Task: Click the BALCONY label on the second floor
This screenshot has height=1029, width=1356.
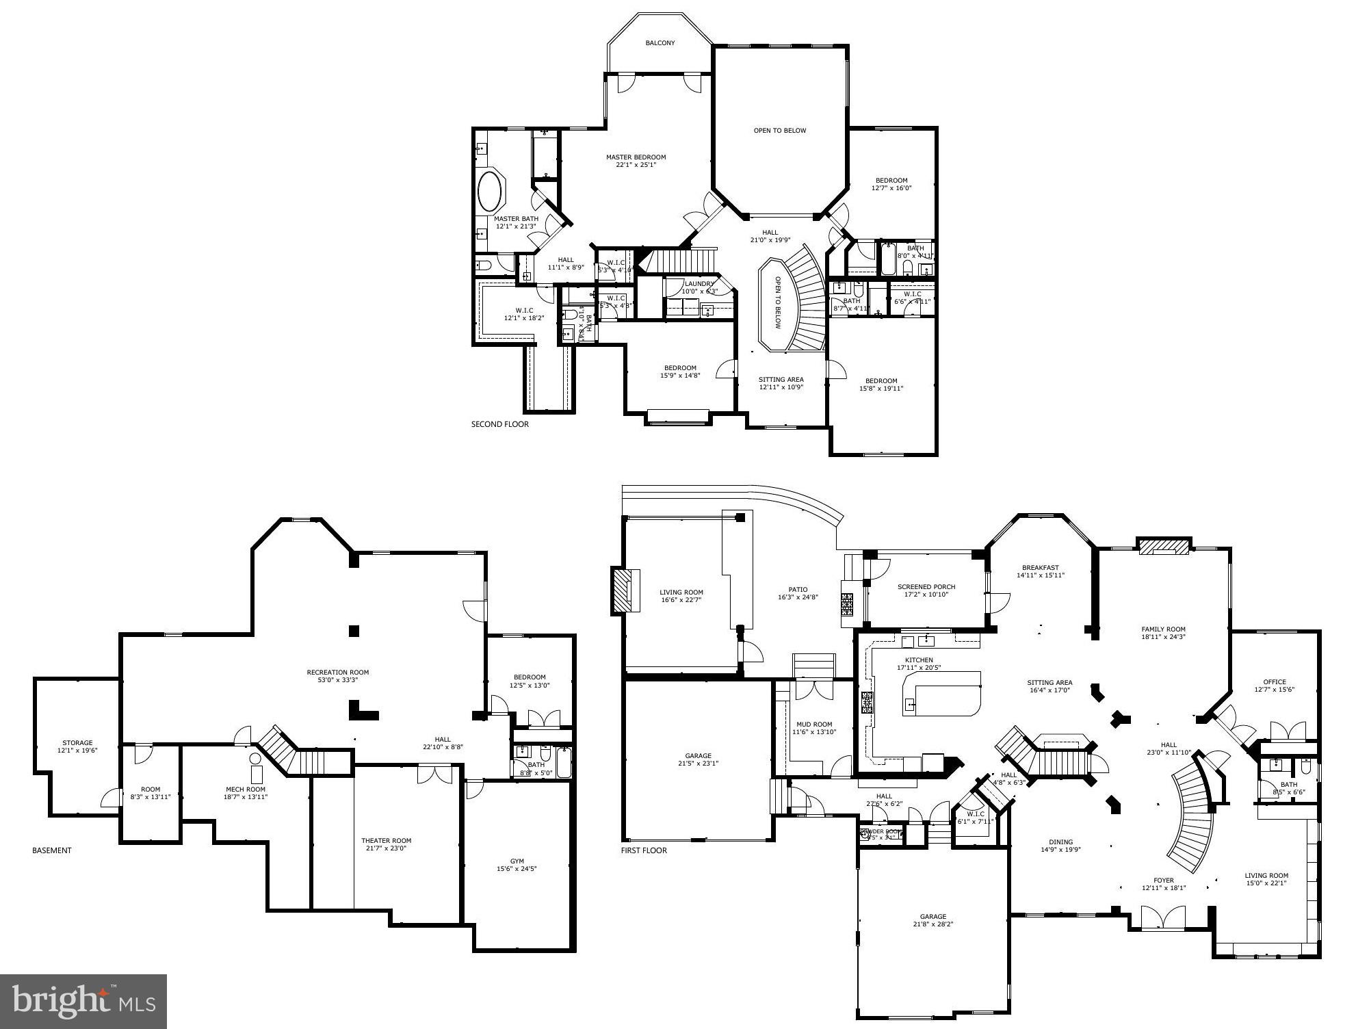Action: pyautogui.click(x=660, y=43)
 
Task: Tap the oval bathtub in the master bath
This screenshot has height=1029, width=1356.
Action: pyautogui.click(x=489, y=191)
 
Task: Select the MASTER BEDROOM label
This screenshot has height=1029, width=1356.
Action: pyautogui.click(x=636, y=157)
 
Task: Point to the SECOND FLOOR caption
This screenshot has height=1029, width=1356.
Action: pyautogui.click(x=499, y=424)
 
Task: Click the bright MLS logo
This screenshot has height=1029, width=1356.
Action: pyautogui.click(x=83, y=1002)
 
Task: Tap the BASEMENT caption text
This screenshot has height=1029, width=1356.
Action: pyautogui.click(x=52, y=850)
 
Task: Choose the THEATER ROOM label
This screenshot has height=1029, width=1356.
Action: pyautogui.click(x=387, y=841)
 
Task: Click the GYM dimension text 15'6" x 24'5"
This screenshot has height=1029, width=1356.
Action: pyautogui.click(x=517, y=869)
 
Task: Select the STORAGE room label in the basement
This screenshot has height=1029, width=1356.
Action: pyautogui.click(x=77, y=743)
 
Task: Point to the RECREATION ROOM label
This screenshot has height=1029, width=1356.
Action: pyautogui.click(x=338, y=673)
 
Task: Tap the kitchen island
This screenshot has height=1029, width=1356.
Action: pyautogui.click(x=942, y=694)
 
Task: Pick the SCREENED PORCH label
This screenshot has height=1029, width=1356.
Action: pyautogui.click(x=926, y=587)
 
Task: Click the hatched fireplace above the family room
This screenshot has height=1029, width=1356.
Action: pyautogui.click(x=1163, y=546)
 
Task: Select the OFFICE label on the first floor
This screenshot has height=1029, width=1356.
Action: pyautogui.click(x=1275, y=682)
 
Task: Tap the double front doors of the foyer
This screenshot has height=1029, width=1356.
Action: pyautogui.click(x=1163, y=917)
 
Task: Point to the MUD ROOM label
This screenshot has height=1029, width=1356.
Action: pyautogui.click(x=814, y=725)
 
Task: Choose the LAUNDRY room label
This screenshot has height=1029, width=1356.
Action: pyautogui.click(x=699, y=284)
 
